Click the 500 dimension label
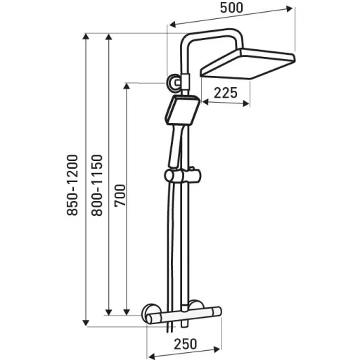click(231, 8)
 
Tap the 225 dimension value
click(226, 93)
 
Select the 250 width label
click(185, 345)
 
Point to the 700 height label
click(120, 195)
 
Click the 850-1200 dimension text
click(72, 185)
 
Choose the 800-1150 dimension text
click(97, 185)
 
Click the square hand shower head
click(183, 110)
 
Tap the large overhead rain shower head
click(247, 63)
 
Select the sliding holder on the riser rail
click(183, 176)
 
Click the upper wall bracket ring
click(173, 82)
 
